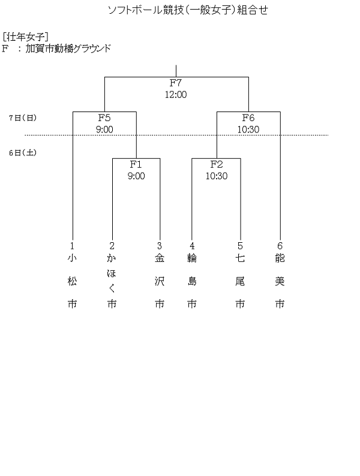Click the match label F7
[176, 83]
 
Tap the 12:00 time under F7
[176, 94]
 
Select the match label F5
[104, 118]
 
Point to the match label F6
[248, 118]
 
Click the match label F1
[136, 164]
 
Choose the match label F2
[217, 164]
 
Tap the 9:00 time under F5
[104, 129]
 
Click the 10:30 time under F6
[248, 129]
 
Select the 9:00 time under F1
[136, 176]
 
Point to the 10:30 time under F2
[217, 176]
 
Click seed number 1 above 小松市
[73, 246]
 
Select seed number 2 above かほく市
[112, 246]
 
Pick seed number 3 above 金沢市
[160, 246]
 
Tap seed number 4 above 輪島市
[192, 246]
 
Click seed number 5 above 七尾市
[240, 246]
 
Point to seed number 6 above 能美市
[280, 246]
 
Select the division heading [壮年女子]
[26, 37]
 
